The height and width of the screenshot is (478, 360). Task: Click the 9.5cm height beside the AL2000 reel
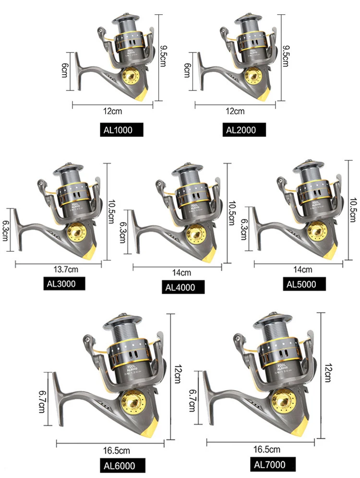[x=287, y=57]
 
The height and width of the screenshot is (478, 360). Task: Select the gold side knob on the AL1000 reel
[x=131, y=76]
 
